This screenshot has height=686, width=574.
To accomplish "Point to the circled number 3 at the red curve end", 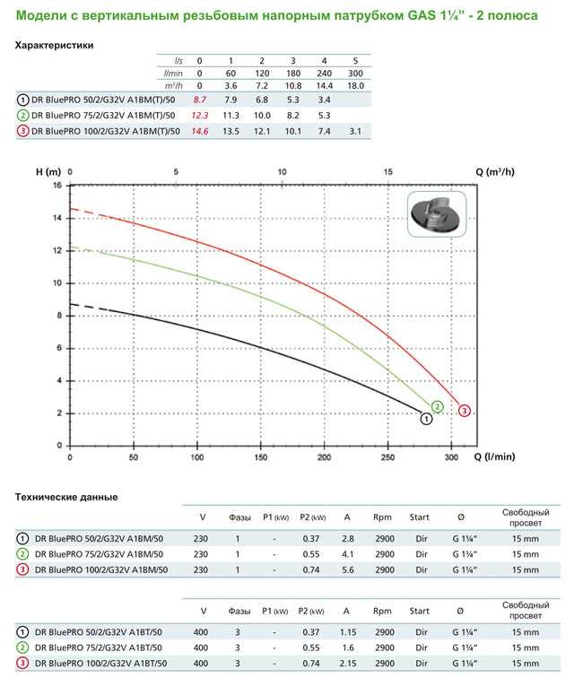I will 465,411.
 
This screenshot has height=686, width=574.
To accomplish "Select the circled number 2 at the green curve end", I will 437,406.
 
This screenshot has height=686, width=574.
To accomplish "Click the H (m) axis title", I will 48,170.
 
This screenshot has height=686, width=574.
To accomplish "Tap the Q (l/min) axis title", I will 495,456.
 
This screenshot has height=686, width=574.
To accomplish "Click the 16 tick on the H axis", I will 57,186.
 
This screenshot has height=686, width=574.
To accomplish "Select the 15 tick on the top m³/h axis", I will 387,170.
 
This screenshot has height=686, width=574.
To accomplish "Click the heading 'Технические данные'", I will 67,497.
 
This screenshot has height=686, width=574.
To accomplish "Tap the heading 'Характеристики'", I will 55,45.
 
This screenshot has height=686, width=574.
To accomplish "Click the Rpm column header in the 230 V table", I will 383,517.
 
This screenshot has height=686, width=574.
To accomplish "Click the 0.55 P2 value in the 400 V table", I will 310,647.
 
